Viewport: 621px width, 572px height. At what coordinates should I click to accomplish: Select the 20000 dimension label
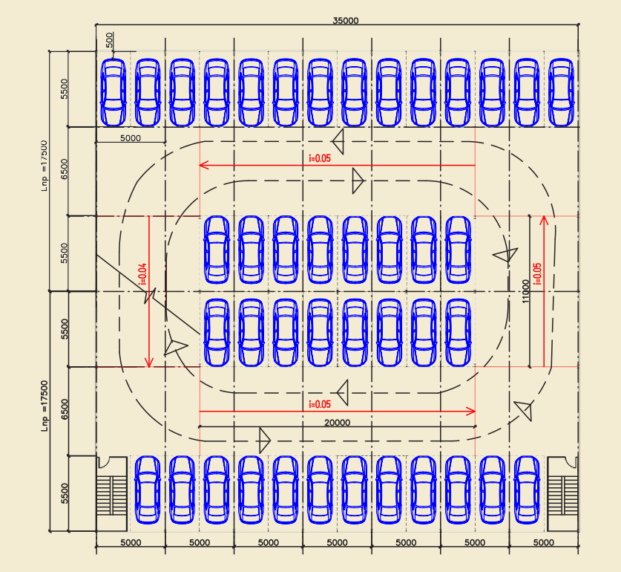click(x=338, y=422)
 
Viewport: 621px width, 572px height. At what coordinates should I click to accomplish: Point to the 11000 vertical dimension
click(x=525, y=291)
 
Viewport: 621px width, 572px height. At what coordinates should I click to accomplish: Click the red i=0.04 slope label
click(x=142, y=275)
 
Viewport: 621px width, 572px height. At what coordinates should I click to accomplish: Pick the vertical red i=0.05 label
click(x=537, y=274)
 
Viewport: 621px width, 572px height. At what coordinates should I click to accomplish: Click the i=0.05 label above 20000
click(x=319, y=404)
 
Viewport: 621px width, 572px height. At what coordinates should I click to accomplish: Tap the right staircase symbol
click(x=562, y=493)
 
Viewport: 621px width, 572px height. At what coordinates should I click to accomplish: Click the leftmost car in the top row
click(x=114, y=91)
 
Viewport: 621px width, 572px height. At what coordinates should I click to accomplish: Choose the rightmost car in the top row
click(x=562, y=91)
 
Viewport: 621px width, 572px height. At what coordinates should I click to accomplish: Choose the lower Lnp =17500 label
click(x=45, y=406)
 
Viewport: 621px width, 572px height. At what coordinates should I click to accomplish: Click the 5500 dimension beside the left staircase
click(x=65, y=493)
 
